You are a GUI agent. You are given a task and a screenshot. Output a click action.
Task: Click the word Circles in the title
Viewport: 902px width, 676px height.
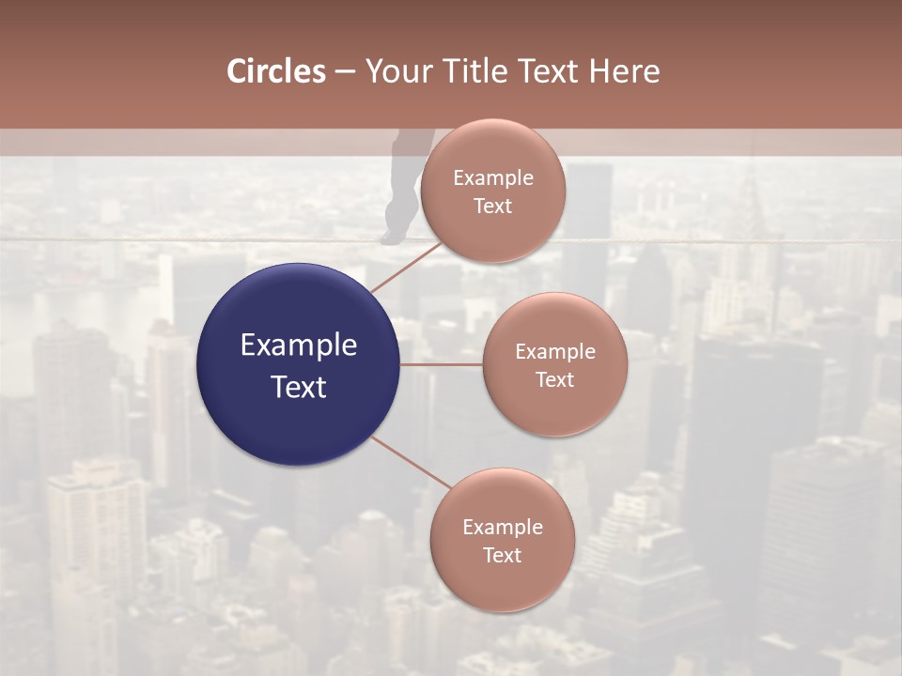(x=276, y=71)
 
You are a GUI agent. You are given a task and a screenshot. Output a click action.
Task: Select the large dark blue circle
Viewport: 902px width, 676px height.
(x=298, y=364)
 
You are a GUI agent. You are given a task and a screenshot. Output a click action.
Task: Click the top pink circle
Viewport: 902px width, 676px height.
(x=492, y=191)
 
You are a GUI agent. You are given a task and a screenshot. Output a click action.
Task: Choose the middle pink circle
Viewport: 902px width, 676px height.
(x=554, y=364)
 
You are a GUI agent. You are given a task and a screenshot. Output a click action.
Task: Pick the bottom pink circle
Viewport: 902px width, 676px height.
(x=502, y=540)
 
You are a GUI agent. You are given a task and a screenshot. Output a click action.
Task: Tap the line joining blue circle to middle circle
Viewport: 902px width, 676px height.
(x=441, y=364)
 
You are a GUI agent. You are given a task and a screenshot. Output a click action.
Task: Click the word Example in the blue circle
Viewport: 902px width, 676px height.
(x=298, y=345)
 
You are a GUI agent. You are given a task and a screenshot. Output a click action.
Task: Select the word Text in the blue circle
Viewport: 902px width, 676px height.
(x=298, y=387)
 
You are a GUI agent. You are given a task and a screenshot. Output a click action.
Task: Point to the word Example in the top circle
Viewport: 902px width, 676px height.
(x=492, y=177)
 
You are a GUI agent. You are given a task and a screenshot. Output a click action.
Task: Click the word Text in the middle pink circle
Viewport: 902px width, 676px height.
(x=554, y=379)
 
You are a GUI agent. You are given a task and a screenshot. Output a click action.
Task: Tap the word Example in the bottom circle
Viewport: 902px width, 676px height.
(x=502, y=527)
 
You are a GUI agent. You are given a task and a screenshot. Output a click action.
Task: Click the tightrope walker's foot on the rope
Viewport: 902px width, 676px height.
(x=391, y=238)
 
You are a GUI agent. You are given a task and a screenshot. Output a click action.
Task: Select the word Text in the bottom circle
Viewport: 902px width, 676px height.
(x=502, y=555)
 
